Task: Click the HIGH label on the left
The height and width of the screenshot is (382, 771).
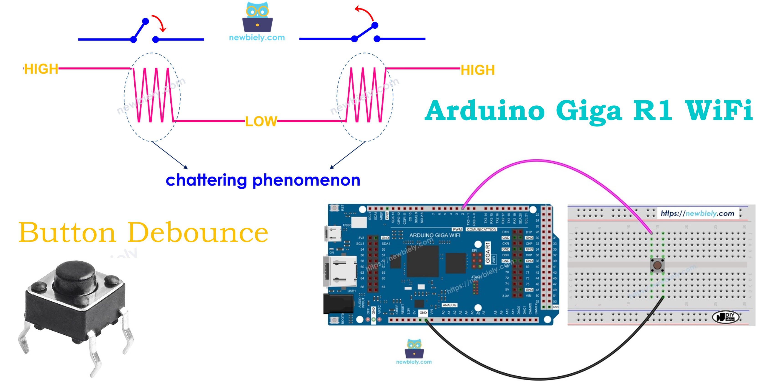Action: point(41,69)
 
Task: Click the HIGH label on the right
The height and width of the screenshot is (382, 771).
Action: point(477,70)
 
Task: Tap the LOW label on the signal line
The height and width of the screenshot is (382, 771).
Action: point(261,121)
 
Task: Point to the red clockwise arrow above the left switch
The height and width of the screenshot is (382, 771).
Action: point(160,23)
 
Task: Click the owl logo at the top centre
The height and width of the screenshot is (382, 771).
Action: point(257,18)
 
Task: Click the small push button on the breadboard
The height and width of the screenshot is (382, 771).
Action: point(657,265)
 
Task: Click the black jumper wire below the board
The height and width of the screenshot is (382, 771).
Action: point(539,379)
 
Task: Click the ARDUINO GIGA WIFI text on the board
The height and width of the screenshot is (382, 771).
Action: point(435,235)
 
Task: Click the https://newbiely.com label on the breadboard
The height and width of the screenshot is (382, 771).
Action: point(697,213)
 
